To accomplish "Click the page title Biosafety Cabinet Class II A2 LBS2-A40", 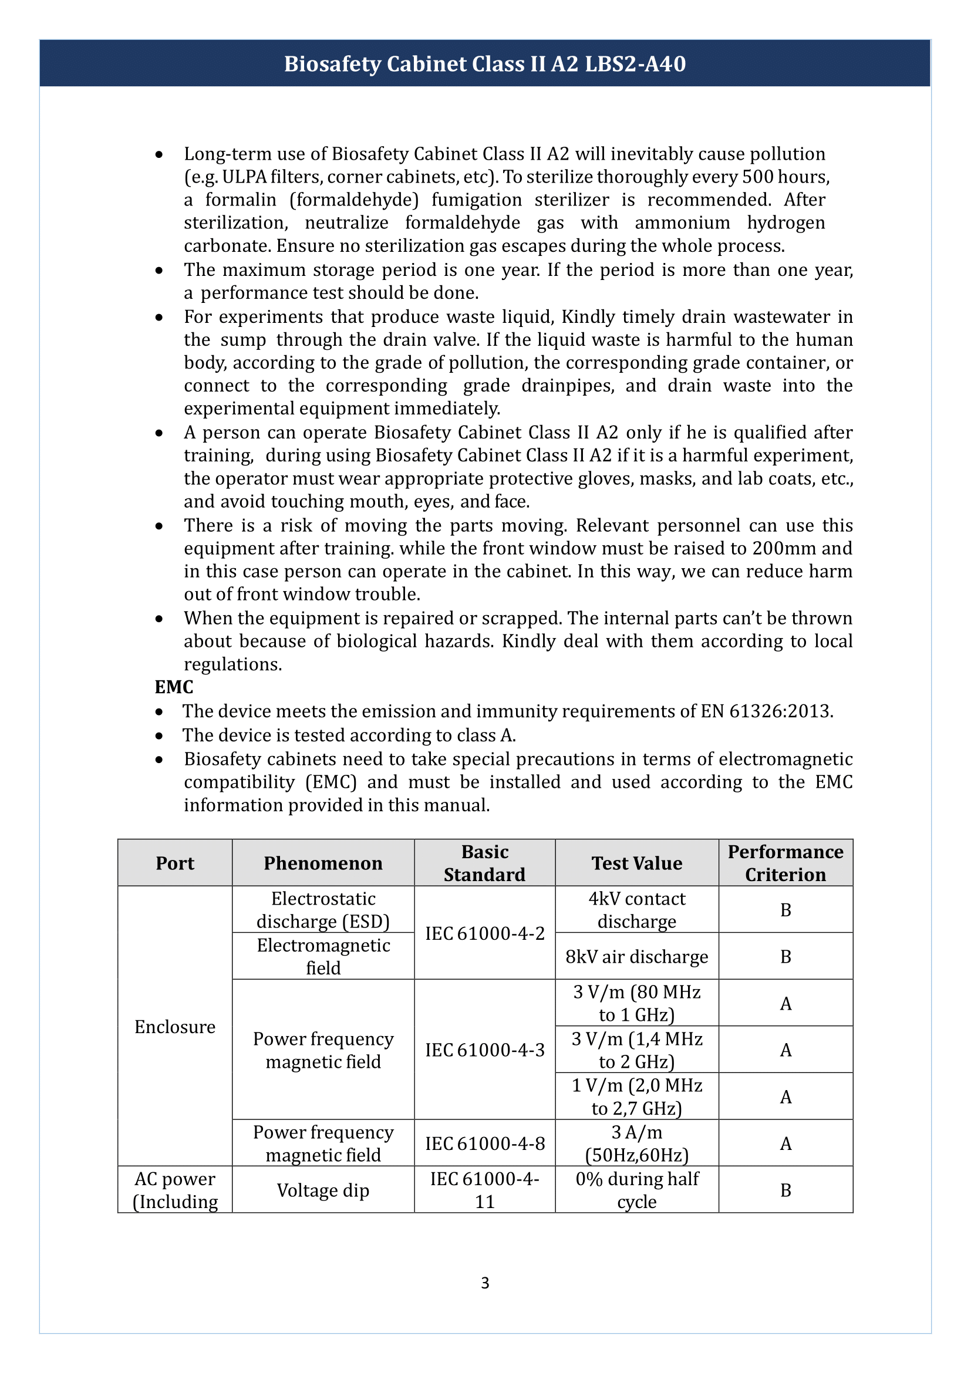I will [x=484, y=64].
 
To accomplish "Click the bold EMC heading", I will [x=173, y=687].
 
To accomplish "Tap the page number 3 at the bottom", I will [x=485, y=1283].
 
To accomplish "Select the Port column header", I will [x=174, y=863].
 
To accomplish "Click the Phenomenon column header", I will [x=323, y=863].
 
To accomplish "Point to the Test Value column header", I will [x=637, y=863].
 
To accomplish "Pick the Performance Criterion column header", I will [x=785, y=863].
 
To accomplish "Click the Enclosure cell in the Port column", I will [x=174, y=1027].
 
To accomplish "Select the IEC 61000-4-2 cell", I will [x=484, y=933].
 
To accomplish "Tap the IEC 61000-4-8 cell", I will [x=484, y=1143].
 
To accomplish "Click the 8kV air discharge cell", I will [x=637, y=957].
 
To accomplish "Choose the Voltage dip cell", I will [x=323, y=1190].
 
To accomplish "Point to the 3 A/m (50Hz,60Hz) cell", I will [x=637, y=1143].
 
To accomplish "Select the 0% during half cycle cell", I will [x=637, y=1190].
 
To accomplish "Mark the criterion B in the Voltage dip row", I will [x=785, y=1190].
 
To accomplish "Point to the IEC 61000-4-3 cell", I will [x=484, y=1050].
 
